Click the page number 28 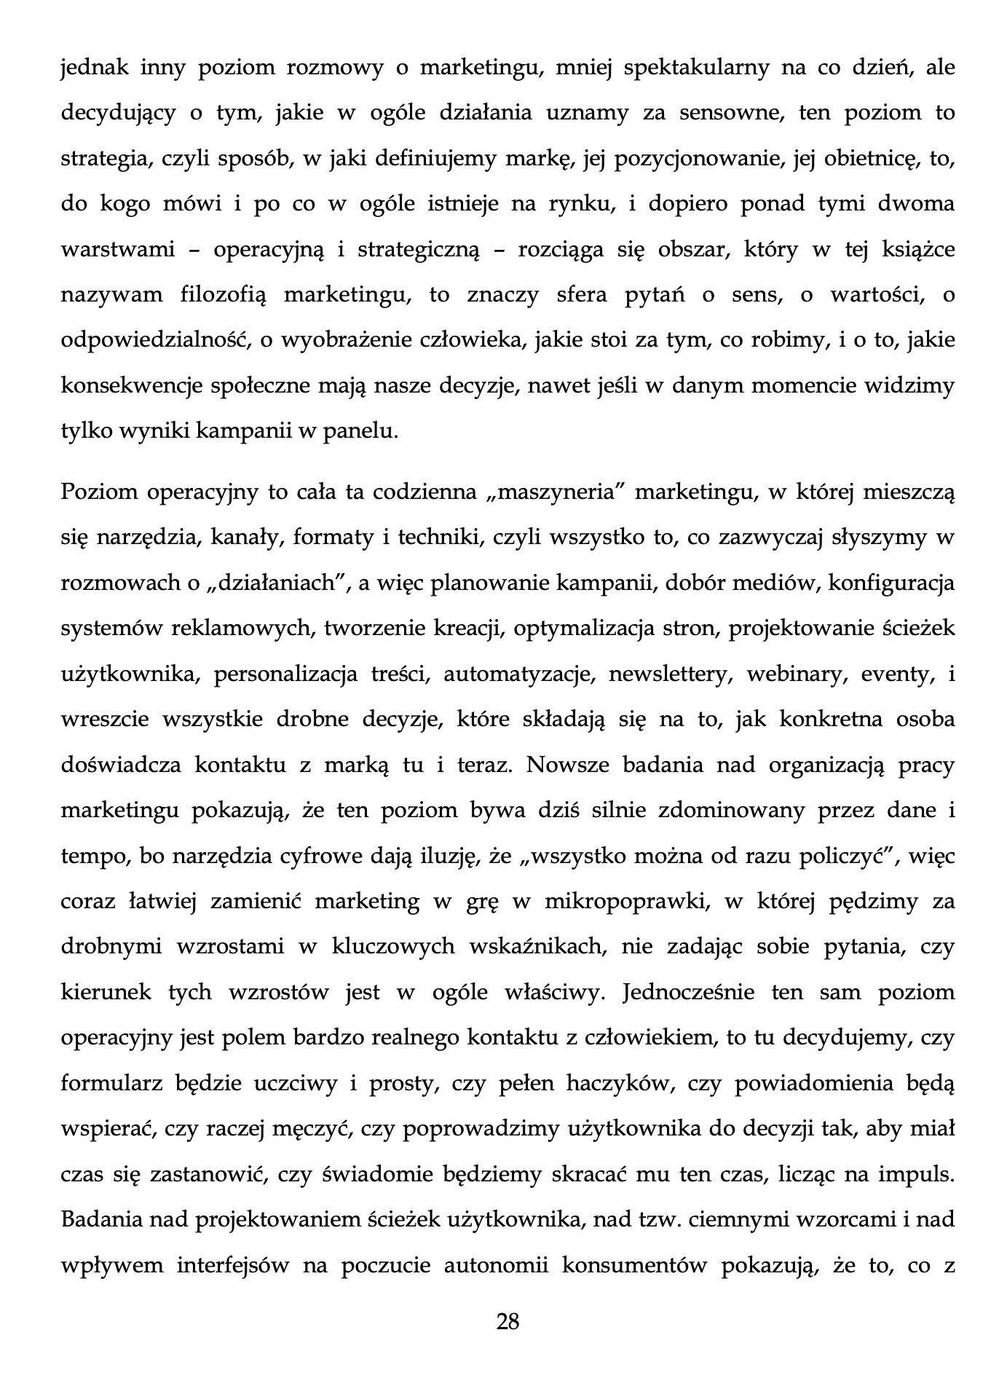[508, 1320]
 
